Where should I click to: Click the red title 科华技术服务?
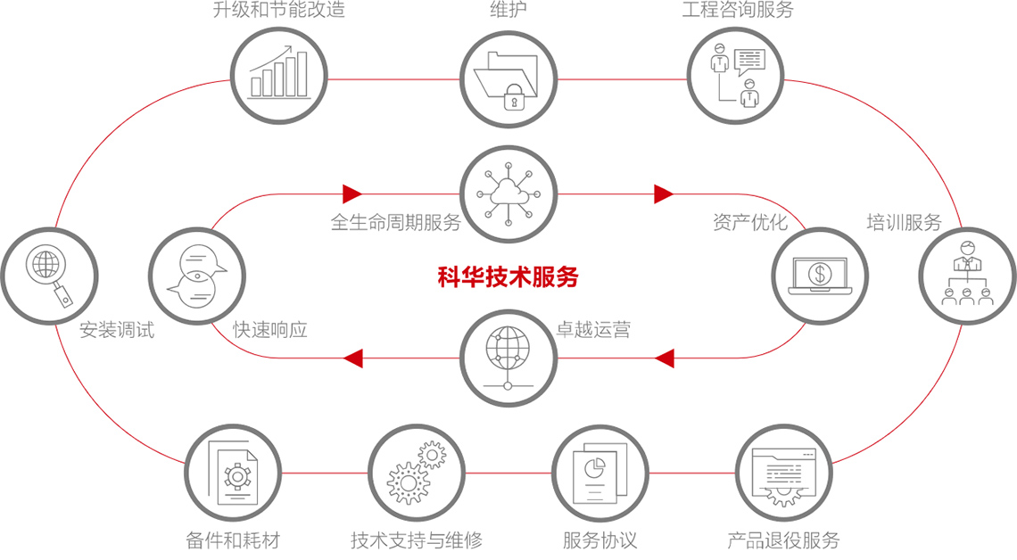(508, 277)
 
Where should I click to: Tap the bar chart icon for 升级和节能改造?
(279, 74)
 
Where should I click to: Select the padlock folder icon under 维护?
(508, 78)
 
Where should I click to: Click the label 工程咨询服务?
(737, 11)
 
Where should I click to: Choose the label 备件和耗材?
(234, 539)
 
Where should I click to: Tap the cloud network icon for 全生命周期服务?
(508, 194)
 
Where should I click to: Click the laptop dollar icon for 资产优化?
(819, 274)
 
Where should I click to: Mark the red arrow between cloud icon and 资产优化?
(663, 194)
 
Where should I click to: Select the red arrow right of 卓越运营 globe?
(663, 358)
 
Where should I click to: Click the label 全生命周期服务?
(395, 223)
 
